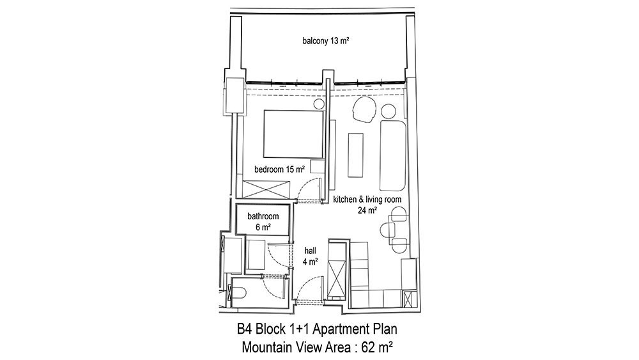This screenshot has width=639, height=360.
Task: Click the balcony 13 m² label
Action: tap(326, 41)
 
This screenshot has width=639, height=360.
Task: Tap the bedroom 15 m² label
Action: tap(280, 169)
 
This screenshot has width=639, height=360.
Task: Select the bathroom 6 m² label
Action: tap(263, 221)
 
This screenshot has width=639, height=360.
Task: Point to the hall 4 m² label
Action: tap(310, 256)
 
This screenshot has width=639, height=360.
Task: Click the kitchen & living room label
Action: tap(367, 200)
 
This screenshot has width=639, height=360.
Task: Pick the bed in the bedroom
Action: tap(293, 134)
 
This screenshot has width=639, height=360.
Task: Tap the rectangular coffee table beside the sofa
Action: tap(355, 155)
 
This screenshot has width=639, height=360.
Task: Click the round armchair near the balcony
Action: tap(364, 109)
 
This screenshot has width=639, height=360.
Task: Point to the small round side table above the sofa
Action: tap(389, 111)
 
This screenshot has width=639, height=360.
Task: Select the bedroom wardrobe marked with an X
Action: tap(266, 190)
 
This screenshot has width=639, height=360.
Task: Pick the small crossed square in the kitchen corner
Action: tap(409, 299)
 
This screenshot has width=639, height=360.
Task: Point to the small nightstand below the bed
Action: tap(318, 167)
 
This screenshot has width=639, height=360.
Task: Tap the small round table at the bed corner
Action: tap(319, 104)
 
